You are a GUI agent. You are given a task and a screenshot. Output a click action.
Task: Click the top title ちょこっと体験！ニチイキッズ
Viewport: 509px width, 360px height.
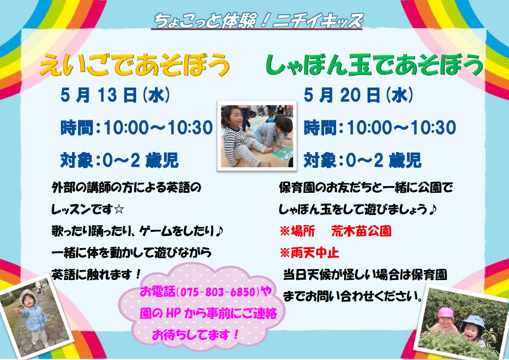click(x=258, y=21)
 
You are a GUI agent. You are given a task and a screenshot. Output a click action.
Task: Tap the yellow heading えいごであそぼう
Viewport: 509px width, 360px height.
click(x=135, y=65)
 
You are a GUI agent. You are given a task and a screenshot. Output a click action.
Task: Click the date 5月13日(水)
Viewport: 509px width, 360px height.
click(x=115, y=95)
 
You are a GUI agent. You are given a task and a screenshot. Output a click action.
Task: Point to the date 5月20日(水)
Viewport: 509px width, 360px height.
click(x=358, y=95)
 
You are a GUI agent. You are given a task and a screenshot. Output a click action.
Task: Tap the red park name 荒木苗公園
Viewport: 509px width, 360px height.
click(x=361, y=231)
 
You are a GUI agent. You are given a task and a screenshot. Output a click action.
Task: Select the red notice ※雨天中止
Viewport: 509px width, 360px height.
click(x=309, y=253)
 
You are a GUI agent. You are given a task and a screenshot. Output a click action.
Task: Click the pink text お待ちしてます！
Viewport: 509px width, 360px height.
click(x=196, y=335)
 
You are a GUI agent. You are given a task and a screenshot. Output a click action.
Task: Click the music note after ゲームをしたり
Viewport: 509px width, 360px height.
click(x=219, y=231)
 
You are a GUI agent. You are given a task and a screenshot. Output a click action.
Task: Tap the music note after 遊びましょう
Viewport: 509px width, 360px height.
click(x=433, y=209)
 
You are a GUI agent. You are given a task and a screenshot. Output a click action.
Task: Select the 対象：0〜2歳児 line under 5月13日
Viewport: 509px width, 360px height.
click(x=119, y=160)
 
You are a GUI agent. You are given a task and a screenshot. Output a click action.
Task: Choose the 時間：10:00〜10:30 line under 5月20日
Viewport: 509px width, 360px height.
click(x=380, y=128)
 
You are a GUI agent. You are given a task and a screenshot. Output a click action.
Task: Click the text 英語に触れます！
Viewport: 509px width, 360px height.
click(x=97, y=274)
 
